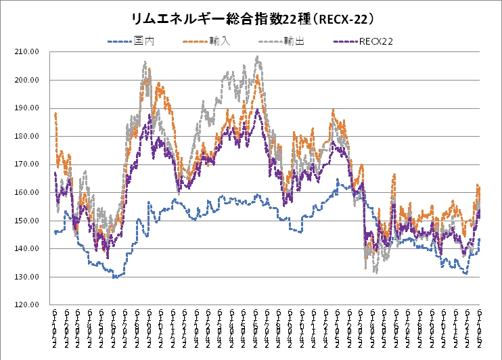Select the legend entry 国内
pyautogui.click(x=144, y=42)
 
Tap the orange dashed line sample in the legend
pyautogui.click(x=196, y=42)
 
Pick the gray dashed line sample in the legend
pyautogui.click(x=271, y=42)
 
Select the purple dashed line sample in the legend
pyautogui.click(x=346, y=42)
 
